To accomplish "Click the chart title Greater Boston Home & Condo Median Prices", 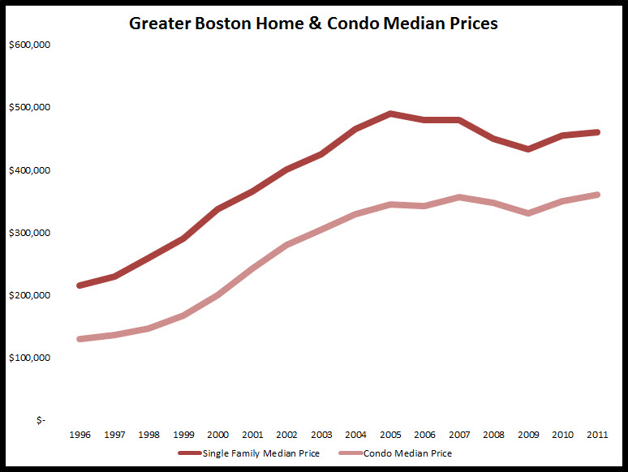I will click(x=313, y=24).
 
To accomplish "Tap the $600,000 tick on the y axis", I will click(x=30, y=45).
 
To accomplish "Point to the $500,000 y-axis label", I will click(x=30, y=108).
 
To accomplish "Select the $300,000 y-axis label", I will click(x=30, y=233).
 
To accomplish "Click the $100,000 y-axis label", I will click(x=30, y=358).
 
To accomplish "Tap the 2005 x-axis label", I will click(x=389, y=436).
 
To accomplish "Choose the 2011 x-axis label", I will click(x=598, y=436).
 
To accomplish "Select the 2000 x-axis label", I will click(x=217, y=436).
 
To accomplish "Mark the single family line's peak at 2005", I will click(x=389, y=114).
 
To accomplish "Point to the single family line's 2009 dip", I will click(x=528, y=149).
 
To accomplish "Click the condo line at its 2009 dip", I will click(x=528, y=213).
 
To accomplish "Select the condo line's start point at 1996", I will click(x=79, y=339).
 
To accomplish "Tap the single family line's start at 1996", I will click(x=79, y=285).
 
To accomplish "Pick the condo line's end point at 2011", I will click(x=597, y=195).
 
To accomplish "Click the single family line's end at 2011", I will click(x=597, y=132).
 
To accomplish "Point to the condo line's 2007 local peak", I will click(x=459, y=197).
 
